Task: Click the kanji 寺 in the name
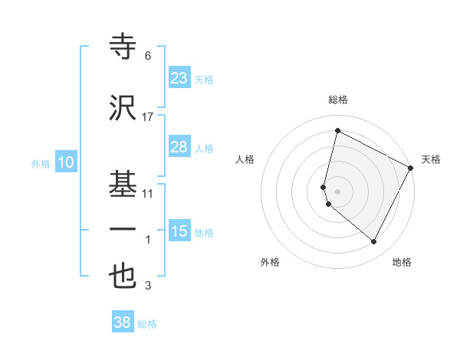click(x=123, y=48)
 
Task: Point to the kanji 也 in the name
click(x=123, y=277)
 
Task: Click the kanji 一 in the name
click(x=123, y=229)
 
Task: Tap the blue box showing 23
click(x=179, y=78)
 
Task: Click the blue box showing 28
click(x=179, y=147)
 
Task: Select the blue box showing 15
click(x=179, y=231)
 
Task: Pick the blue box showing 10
click(x=66, y=162)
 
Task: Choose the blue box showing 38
click(x=123, y=322)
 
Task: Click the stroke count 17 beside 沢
click(x=148, y=117)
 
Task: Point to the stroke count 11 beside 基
click(x=148, y=194)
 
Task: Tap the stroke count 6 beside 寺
click(x=148, y=57)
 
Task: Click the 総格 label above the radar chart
click(x=338, y=100)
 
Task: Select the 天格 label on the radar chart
click(x=431, y=159)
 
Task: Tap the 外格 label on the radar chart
click(x=270, y=262)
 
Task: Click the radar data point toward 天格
click(x=412, y=169)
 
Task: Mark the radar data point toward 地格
click(x=374, y=242)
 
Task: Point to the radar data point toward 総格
click(x=337, y=131)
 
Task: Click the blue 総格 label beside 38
click(x=147, y=324)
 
